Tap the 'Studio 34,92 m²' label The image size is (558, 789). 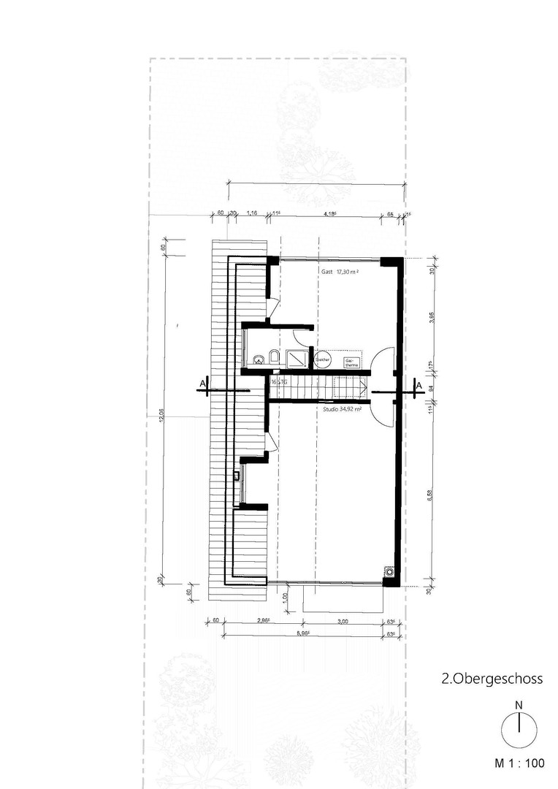point(343,410)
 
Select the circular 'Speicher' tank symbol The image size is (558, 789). point(322,359)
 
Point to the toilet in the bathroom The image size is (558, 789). point(273,357)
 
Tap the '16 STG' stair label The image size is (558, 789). point(279,382)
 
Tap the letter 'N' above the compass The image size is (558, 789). point(518,706)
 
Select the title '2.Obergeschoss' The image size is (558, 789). point(492,679)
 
